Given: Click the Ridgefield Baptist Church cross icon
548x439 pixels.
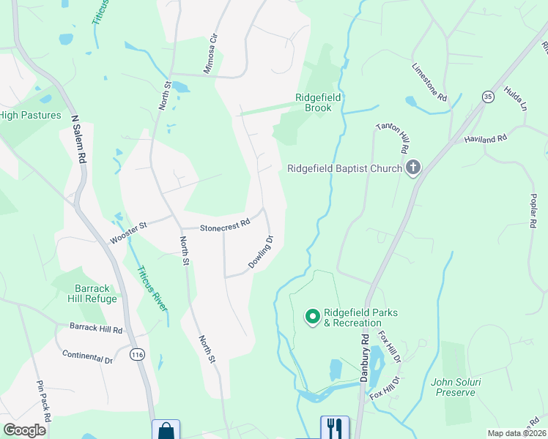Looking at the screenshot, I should pyautogui.click(x=413, y=168).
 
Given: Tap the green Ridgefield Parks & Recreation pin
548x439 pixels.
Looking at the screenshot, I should pyautogui.click(x=312, y=317).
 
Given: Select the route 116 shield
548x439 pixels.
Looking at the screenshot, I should pyautogui.click(x=136, y=355).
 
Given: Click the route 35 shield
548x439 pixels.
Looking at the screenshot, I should pyautogui.click(x=488, y=96).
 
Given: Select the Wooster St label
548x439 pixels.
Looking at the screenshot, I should pyautogui.click(x=128, y=232).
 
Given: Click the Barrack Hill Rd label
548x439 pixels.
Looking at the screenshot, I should pyautogui.click(x=96, y=328).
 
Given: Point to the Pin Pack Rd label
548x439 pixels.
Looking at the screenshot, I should pyautogui.click(x=43, y=400).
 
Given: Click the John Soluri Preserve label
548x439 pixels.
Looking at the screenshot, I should pyautogui.click(x=453, y=386).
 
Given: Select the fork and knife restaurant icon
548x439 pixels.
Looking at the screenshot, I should pyautogui.click(x=334, y=427).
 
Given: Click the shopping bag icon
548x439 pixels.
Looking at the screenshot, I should pyautogui.click(x=166, y=430).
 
